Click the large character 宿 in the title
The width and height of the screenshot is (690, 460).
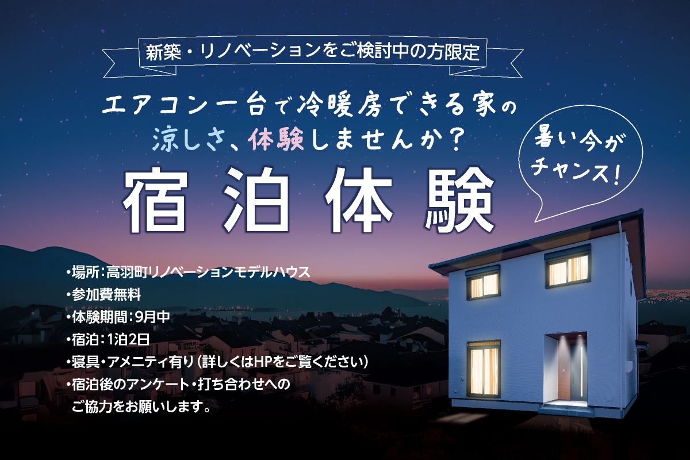pyautogui.click(x=155, y=201)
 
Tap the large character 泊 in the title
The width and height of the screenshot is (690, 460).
pyautogui.click(x=256, y=201)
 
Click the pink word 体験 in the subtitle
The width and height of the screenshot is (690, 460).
pyautogui.click(x=278, y=140)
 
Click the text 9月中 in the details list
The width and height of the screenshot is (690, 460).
pyautogui.click(x=152, y=317)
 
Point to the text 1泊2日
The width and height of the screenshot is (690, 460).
pyautogui.click(x=128, y=340)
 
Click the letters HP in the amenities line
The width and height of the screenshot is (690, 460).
pyautogui.click(x=262, y=362)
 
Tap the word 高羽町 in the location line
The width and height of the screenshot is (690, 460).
pyautogui.click(x=127, y=273)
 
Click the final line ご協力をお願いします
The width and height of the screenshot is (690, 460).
pyautogui.click(x=141, y=407)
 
